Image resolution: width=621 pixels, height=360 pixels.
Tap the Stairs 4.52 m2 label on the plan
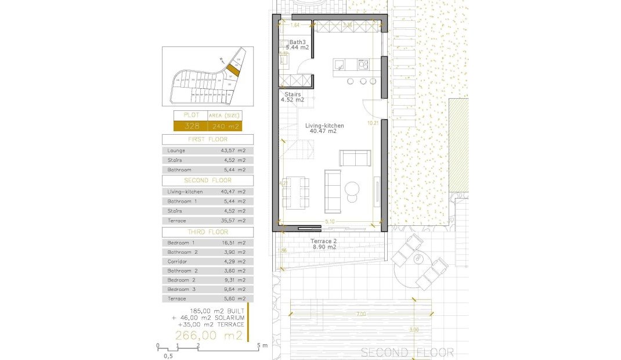pos(294,96)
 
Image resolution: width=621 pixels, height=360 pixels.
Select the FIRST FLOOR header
pos(207,140)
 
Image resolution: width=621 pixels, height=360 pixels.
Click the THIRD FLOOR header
pos(207,232)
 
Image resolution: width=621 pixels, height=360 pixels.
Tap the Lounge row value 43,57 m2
pos(233,150)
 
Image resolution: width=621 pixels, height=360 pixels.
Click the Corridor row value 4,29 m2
pos(233,261)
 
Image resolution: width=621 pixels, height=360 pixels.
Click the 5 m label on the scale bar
pos(262,345)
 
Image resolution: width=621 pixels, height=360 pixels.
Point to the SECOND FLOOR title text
pos(407,352)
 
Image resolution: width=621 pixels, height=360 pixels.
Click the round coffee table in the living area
pos(352,189)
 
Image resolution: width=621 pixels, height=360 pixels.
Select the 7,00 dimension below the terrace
pos(361,314)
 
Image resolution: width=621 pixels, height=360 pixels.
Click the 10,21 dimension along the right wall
pos(373,123)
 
